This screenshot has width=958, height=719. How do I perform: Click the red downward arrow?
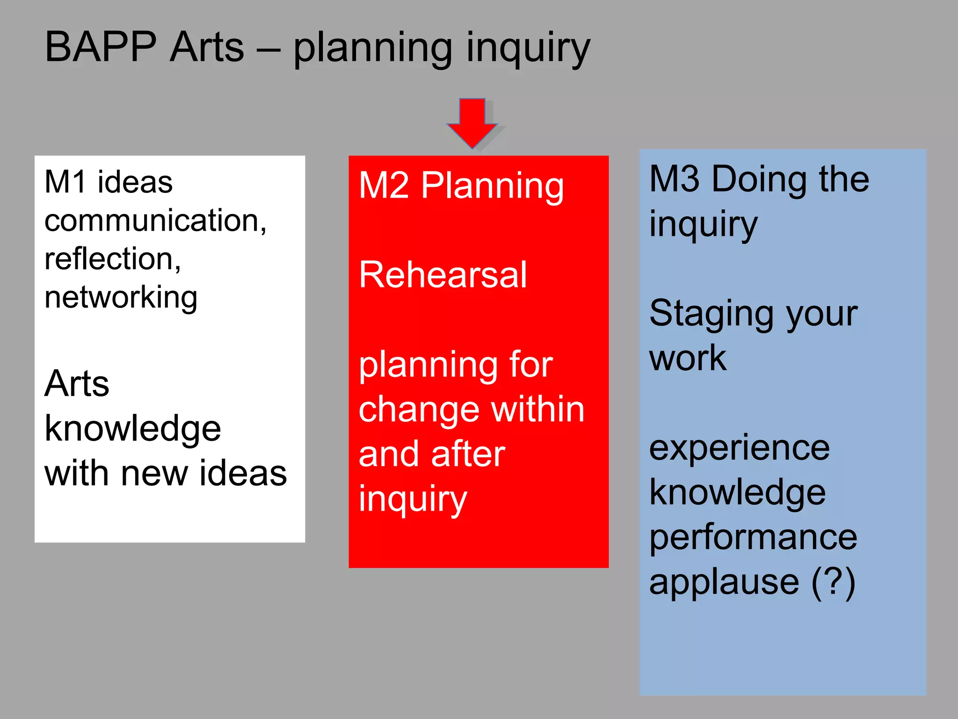click(472, 122)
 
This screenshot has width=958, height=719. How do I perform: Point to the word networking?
click(121, 298)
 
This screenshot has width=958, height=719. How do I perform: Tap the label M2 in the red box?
click(384, 186)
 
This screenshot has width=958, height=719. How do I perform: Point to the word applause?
click(724, 582)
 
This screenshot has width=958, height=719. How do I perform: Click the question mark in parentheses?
click(833, 582)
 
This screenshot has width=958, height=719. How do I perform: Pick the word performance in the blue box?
click(753, 537)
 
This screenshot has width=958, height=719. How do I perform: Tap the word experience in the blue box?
click(740, 448)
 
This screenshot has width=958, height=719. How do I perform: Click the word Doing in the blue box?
click(758, 180)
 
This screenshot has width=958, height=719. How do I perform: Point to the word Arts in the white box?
click(77, 383)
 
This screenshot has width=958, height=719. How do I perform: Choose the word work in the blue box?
click(688, 359)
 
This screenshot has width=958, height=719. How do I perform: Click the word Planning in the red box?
click(492, 186)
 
